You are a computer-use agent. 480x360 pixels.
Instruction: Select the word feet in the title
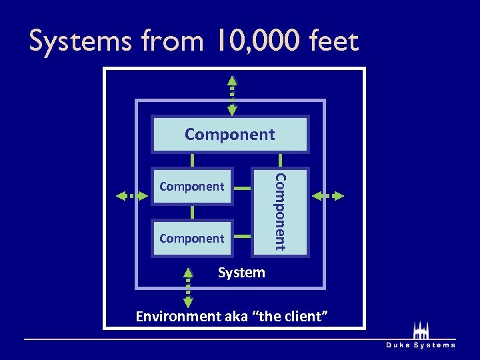click(333, 41)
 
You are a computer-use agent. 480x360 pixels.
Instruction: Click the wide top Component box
click(230, 135)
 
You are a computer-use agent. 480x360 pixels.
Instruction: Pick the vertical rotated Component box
click(281, 211)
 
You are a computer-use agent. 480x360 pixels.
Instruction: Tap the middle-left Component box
click(192, 186)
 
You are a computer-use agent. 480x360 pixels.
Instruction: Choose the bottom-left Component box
click(192, 238)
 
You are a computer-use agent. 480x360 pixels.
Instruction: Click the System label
click(241, 273)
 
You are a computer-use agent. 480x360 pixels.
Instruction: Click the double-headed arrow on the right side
click(328, 196)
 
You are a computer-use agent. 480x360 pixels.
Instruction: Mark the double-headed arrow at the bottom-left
click(188, 287)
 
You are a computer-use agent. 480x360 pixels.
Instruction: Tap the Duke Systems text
click(421, 345)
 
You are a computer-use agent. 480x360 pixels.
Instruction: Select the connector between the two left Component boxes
click(192, 212)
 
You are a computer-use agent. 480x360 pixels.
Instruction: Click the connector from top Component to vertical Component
click(280, 160)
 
